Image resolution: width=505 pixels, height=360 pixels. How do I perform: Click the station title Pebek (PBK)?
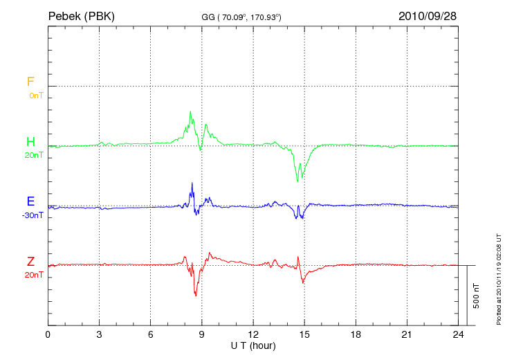81,15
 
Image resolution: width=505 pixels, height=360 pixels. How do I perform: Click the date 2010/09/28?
428,15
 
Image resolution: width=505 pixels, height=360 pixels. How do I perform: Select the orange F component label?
30,82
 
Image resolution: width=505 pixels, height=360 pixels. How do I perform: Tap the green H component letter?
30,142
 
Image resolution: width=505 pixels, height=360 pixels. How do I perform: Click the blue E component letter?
30,201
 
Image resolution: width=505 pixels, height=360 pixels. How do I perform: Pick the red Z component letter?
30,262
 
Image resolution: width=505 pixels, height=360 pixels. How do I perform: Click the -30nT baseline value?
32,215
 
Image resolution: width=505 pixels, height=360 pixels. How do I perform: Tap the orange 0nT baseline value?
35,95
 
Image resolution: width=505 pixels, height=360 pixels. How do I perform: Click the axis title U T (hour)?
253,345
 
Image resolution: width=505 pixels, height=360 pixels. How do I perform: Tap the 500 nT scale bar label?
476,296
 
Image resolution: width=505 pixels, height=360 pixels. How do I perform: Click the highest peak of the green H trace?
190,111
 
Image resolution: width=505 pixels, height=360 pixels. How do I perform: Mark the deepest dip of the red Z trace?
196,296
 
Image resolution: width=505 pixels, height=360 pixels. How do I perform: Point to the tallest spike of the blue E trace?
192,183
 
